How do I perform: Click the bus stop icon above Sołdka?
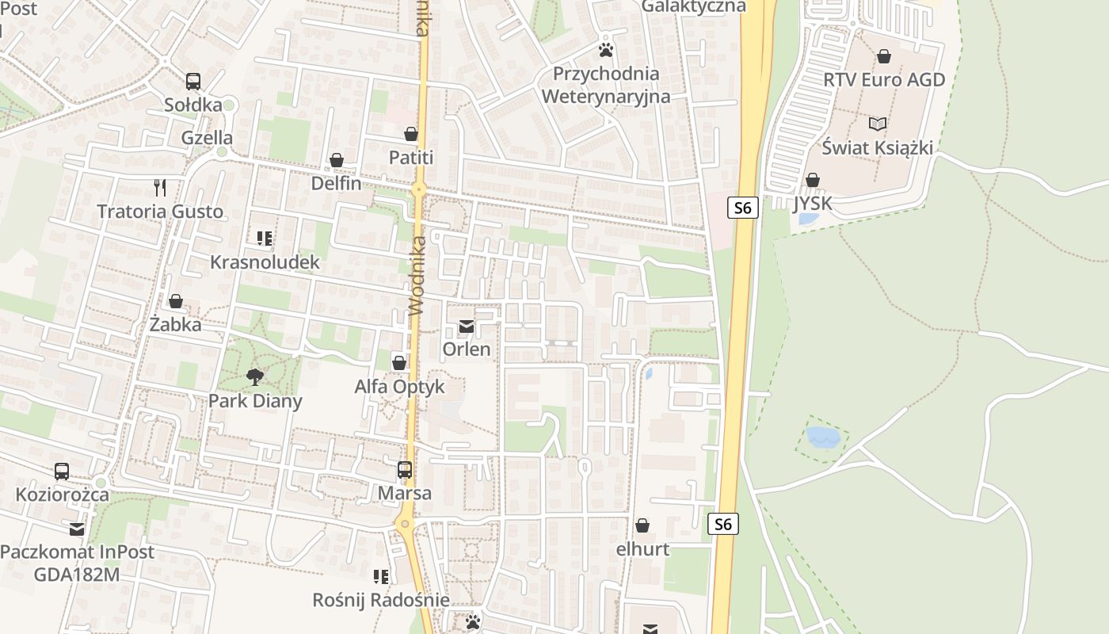(x=193, y=81)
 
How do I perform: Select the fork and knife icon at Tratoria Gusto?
(x=160, y=188)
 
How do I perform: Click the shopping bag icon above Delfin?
(x=337, y=160)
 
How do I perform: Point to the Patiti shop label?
(x=411, y=158)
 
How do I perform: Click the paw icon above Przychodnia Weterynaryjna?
(x=606, y=50)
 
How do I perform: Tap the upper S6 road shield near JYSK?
(x=742, y=208)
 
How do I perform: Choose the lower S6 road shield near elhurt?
(x=722, y=524)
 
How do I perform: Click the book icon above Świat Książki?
(x=877, y=124)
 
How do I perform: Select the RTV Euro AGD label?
(x=884, y=80)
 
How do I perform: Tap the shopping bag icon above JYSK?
(x=812, y=180)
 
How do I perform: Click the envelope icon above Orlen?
(x=467, y=327)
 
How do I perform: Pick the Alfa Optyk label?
(x=399, y=388)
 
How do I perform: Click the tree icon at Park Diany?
(x=254, y=376)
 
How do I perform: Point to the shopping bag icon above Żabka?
(x=176, y=301)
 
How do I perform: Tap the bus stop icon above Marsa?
(x=405, y=470)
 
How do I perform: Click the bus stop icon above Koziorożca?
(x=62, y=472)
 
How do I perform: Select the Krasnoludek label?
(x=265, y=262)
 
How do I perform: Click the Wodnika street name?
(x=418, y=275)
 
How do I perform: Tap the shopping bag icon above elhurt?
(x=642, y=525)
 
